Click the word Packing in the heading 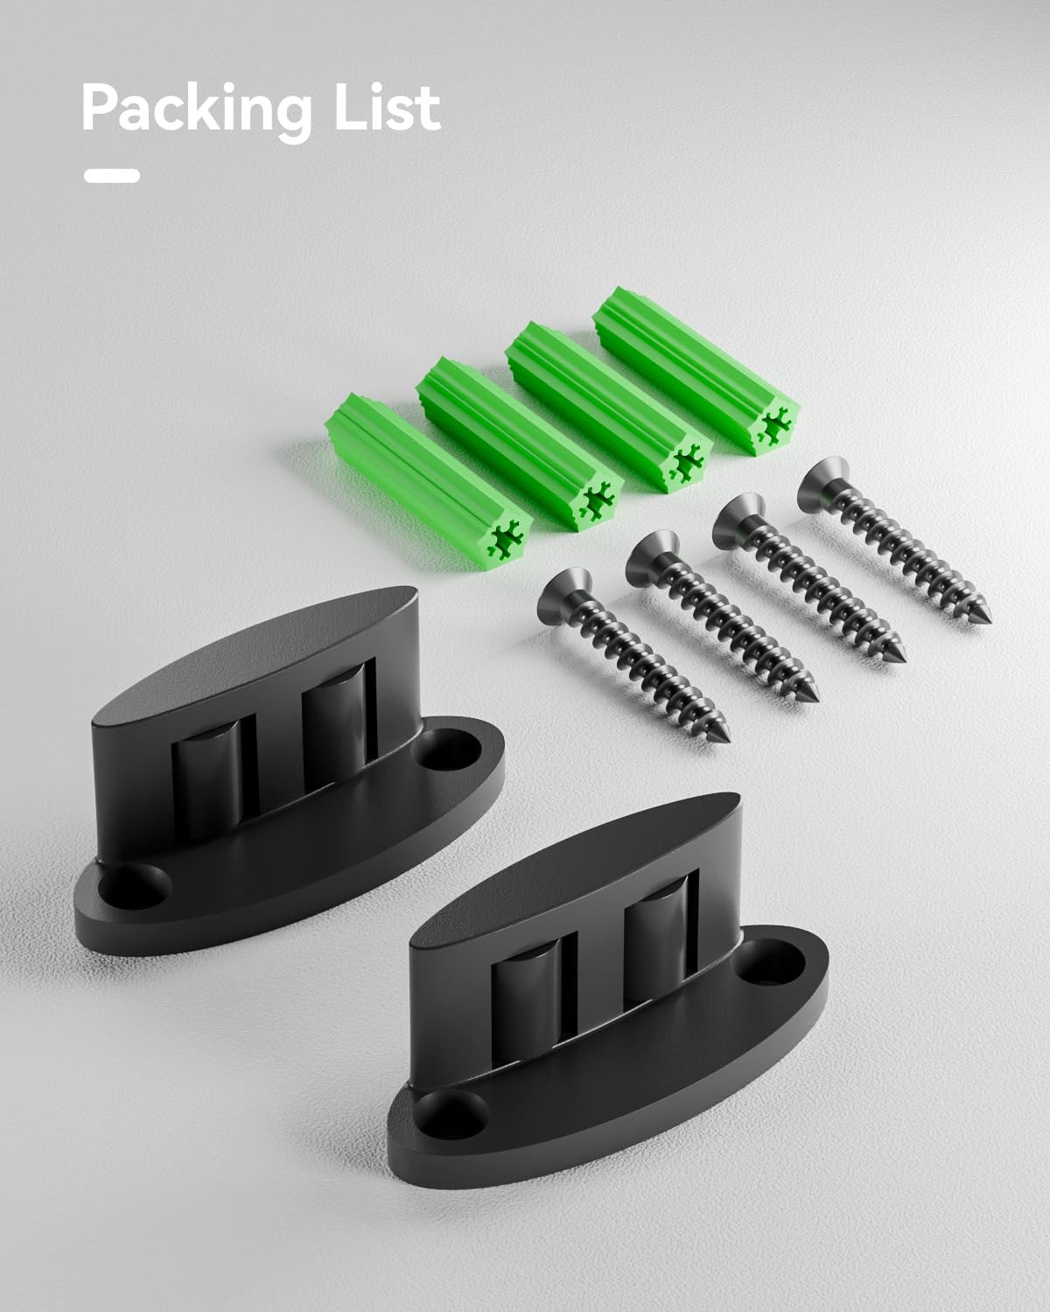coord(197,112)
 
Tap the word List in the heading coord(388,108)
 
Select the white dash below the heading coord(112,176)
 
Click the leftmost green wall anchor coord(428,482)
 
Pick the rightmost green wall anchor coord(696,371)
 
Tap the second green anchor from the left coord(521,443)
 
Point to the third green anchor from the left coord(609,407)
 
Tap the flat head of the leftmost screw coord(563,594)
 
